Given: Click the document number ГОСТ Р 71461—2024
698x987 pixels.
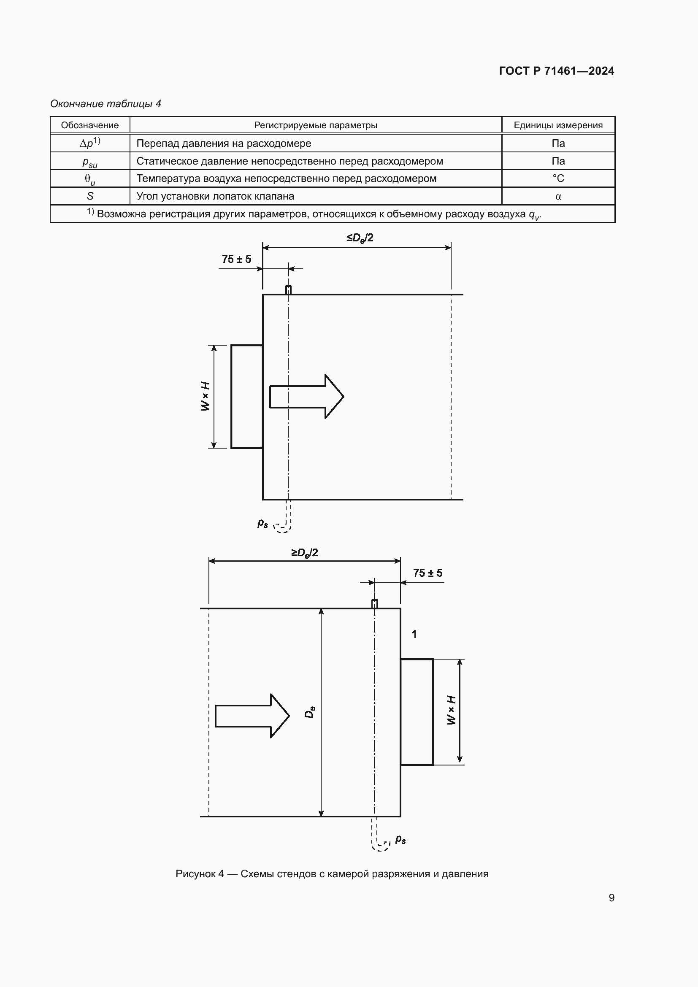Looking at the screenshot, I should coord(556,71).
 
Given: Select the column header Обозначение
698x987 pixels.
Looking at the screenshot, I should coord(90,125).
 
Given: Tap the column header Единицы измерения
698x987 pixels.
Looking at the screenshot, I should coord(558,125).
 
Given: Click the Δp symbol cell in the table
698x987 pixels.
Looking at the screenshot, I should coord(90,143).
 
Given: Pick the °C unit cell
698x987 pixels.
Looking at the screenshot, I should coord(558,178).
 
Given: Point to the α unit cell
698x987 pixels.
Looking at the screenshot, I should coord(558,197).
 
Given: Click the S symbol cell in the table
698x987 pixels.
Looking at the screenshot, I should coord(90,196).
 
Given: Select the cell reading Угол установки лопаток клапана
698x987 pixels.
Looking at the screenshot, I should coord(215,196).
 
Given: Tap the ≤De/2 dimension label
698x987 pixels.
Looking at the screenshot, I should coord(360,238).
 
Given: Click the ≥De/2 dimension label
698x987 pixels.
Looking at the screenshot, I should coord(305,552).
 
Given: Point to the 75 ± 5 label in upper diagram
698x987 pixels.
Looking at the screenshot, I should coord(236,259).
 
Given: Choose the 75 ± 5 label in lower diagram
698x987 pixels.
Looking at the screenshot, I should coord(427,573).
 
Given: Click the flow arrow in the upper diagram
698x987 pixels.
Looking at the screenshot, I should coord(306,396).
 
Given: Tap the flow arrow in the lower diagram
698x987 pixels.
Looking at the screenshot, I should coord(252,716).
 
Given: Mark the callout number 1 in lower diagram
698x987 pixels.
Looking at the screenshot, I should coord(414,634).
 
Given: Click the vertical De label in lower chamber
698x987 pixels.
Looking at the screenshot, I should coord(309,712).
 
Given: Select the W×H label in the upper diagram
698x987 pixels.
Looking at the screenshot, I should coord(206,396).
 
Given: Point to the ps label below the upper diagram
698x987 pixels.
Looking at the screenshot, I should coord(262,523).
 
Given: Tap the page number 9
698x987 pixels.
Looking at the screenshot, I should coord(611,898).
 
